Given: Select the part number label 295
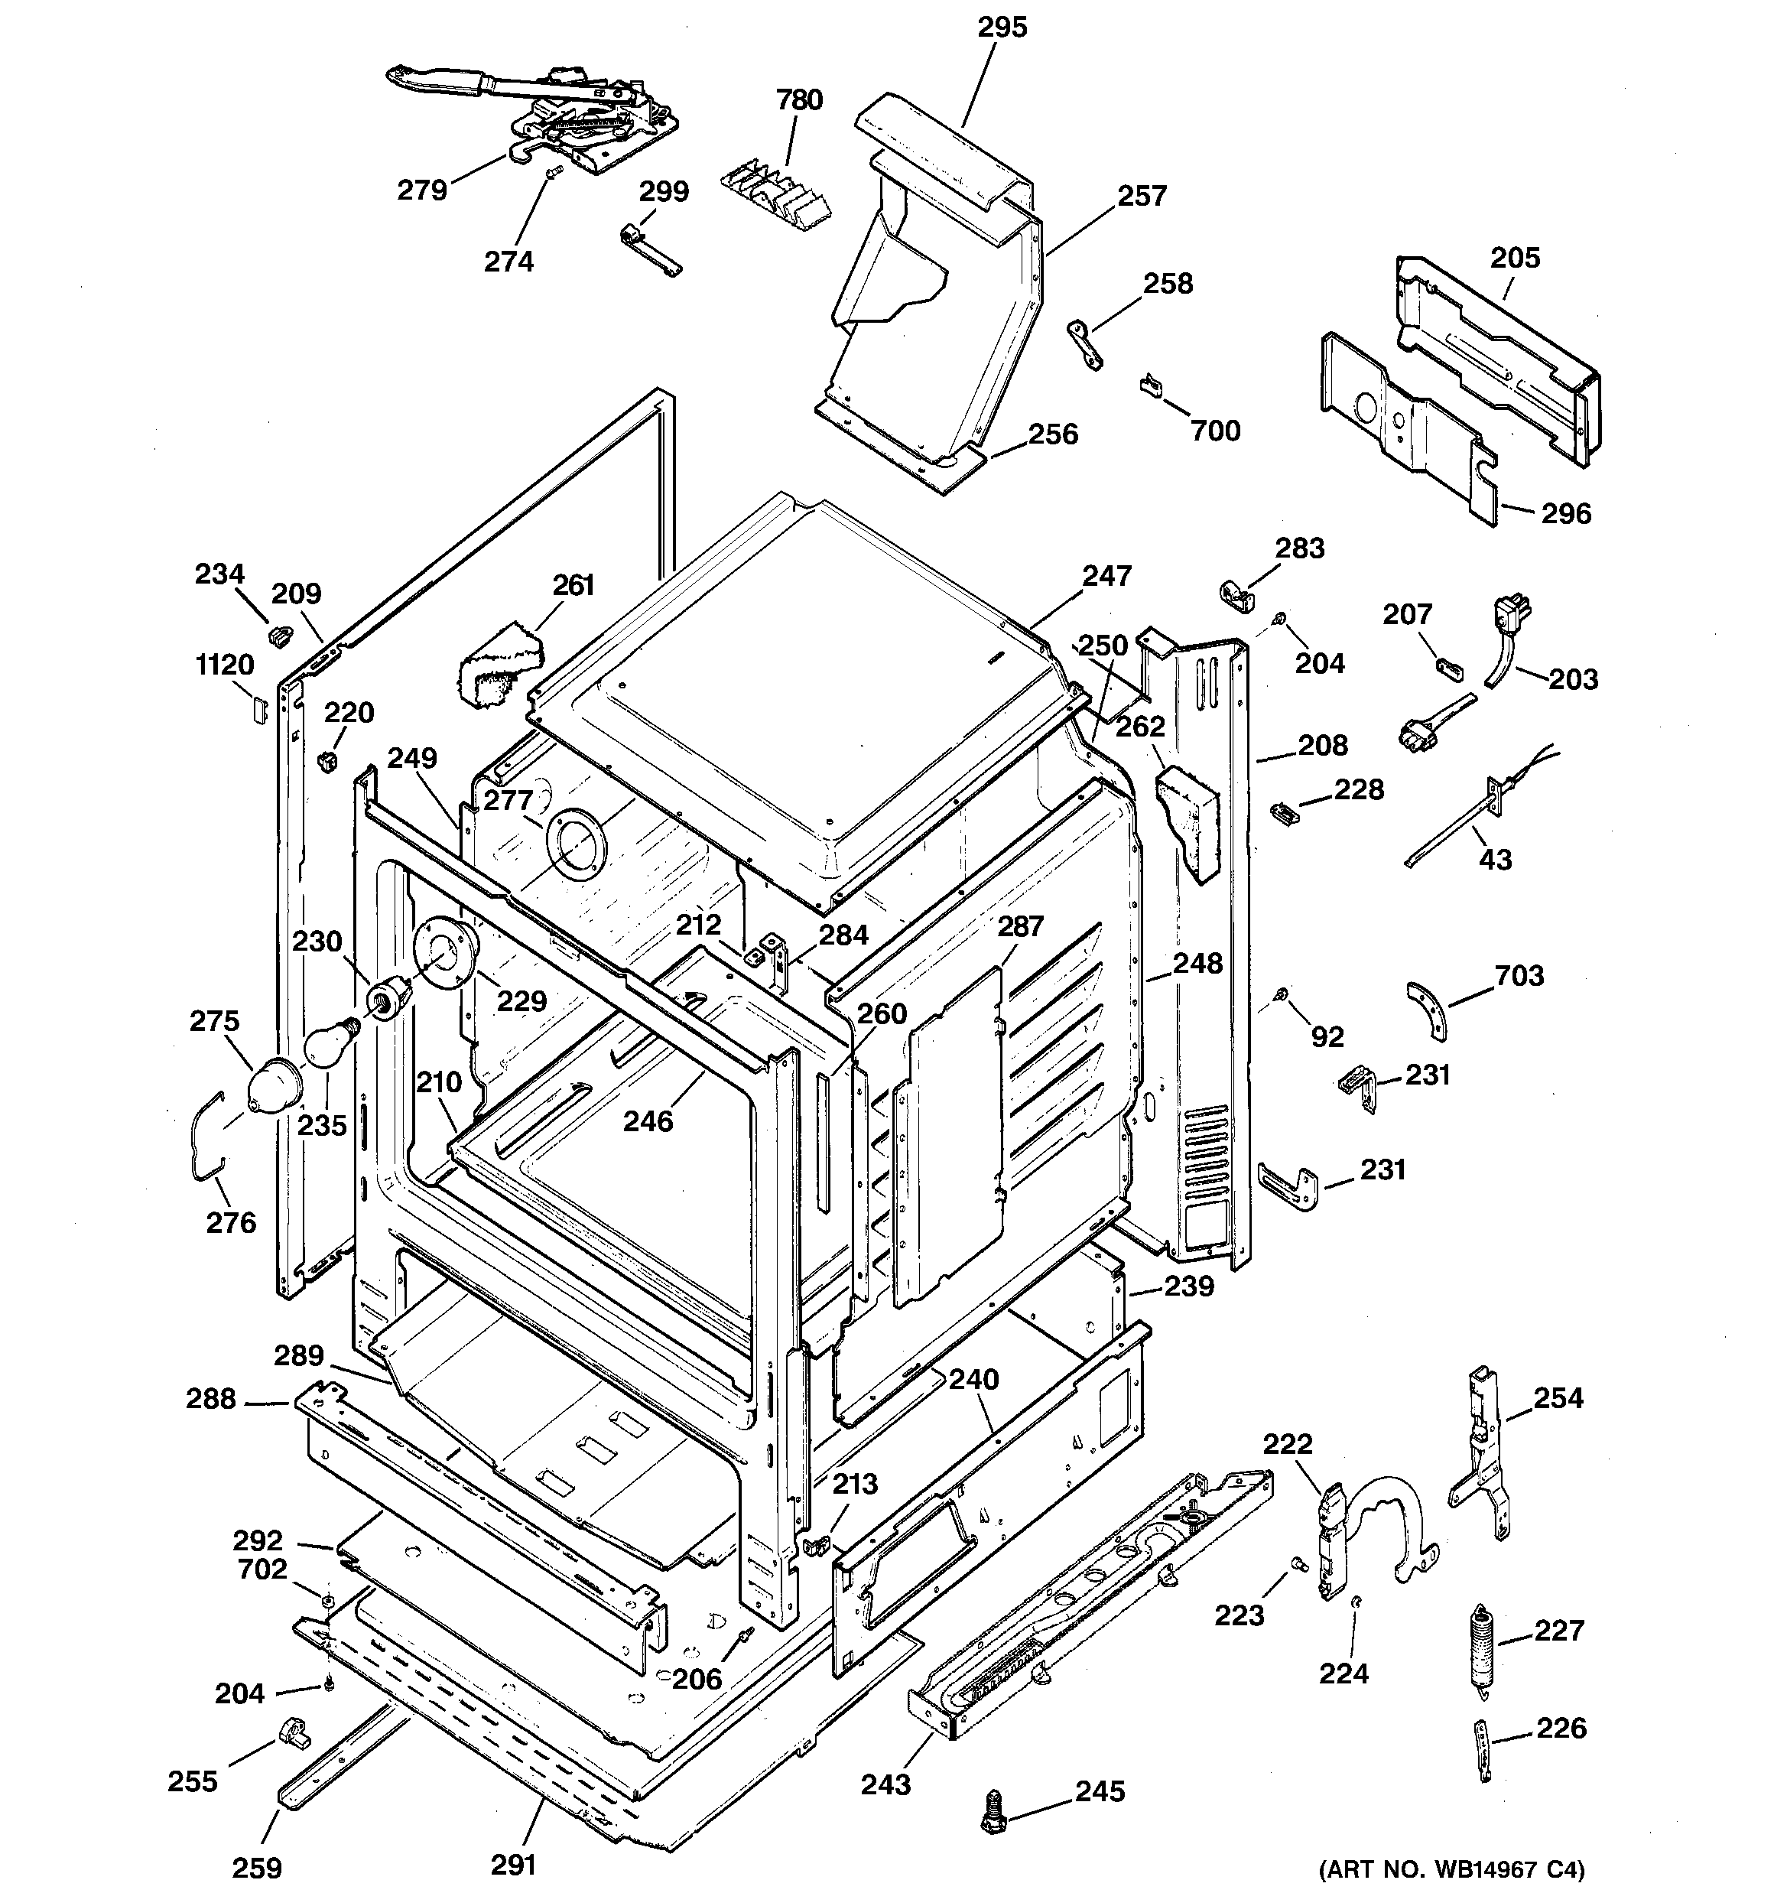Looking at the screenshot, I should [x=1002, y=28].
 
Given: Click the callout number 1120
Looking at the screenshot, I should [x=225, y=665].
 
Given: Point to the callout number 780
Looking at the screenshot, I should [x=799, y=100].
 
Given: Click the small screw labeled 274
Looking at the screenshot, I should [x=554, y=171].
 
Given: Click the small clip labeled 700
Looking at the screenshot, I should [x=1150, y=385].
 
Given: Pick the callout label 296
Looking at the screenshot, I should [x=1567, y=514].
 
